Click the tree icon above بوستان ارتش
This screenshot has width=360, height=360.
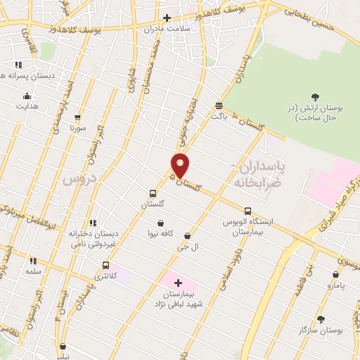pyautogui.click(x=314, y=97)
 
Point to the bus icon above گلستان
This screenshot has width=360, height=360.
pyautogui.click(x=153, y=193)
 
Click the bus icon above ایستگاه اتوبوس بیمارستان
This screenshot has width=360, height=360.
pyautogui.click(x=247, y=210)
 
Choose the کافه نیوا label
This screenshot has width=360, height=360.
pyautogui.click(x=160, y=233)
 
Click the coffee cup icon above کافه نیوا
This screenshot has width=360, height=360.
pyautogui.click(x=161, y=224)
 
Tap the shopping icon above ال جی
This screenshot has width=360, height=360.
pyautogui.click(x=187, y=236)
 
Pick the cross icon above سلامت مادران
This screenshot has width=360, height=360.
pyautogui.click(x=167, y=18)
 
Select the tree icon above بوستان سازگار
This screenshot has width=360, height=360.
pyautogui.click(x=321, y=319)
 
